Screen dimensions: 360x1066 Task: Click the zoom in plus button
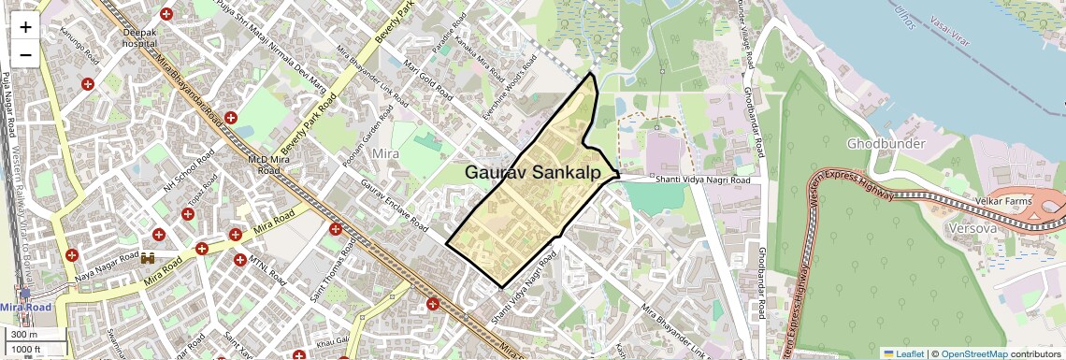click(25, 26)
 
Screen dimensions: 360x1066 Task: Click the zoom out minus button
click(25, 54)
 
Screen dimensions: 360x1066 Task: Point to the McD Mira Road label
click(264, 166)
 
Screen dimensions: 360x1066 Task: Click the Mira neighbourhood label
click(386, 153)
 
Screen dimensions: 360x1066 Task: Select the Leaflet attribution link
click(904, 353)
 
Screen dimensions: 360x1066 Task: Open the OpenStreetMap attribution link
click(973, 353)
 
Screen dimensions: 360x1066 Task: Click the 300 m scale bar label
click(25, 335)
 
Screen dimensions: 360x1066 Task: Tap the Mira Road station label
click(25, 307)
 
